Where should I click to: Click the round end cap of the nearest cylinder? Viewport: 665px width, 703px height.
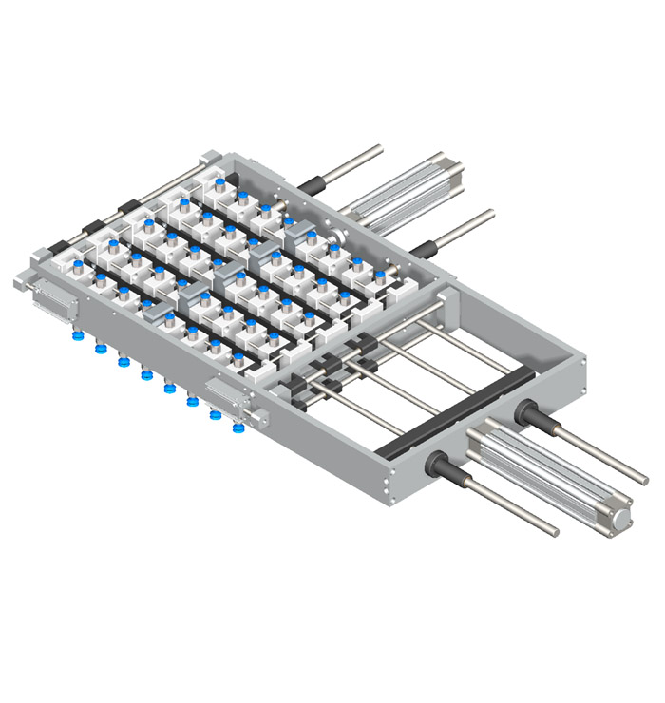(621, 518)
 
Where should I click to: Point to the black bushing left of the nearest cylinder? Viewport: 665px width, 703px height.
(446, 466)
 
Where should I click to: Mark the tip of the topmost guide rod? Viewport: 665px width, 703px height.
(377, 147)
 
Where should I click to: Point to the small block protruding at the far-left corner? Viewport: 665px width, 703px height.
(23, 281)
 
